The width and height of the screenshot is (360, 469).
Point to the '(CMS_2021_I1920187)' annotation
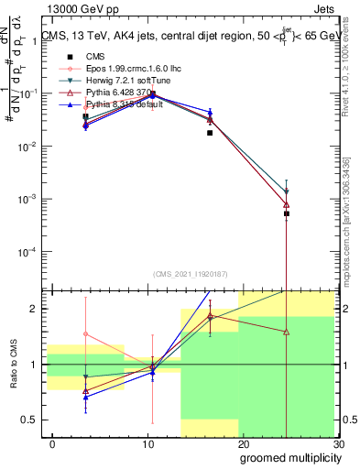tap(191, 275)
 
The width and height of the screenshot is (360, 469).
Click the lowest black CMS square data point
tap(287, 213)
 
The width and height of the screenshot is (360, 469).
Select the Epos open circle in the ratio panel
tap(86, 334)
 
